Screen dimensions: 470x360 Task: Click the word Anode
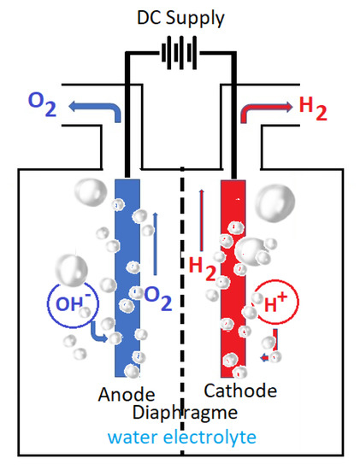pos(126,395)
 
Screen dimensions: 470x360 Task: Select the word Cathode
pos(241,391)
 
